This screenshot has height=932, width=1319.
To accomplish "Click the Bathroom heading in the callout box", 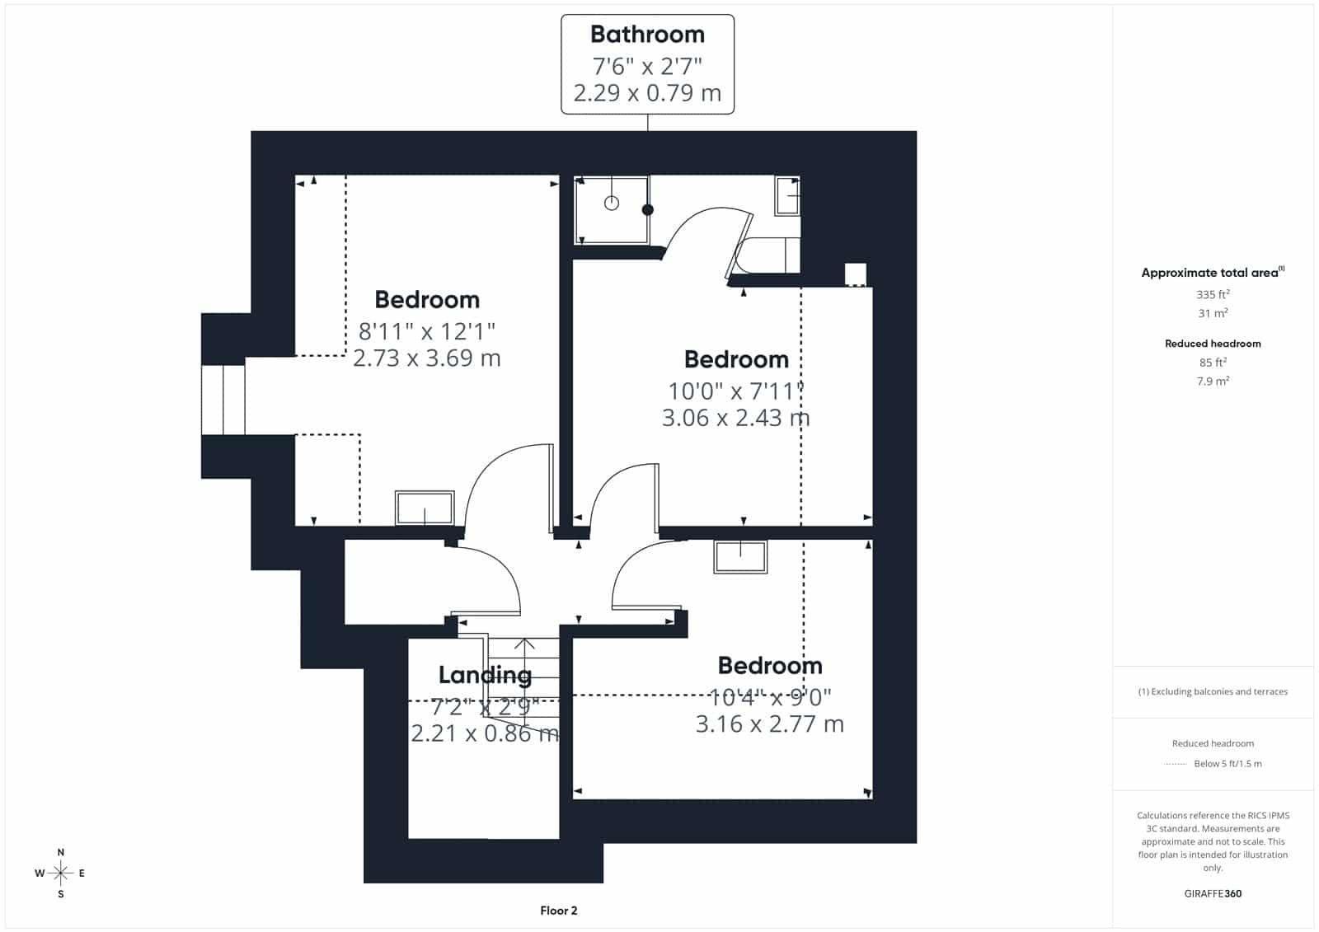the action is click(x=647, y=34).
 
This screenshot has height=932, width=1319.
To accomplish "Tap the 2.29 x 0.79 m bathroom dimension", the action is click(x=647, y=93).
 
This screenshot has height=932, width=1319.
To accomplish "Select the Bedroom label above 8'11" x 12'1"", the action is click(x=427, y=300).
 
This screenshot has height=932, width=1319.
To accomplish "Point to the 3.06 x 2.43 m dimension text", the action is click(x=736, y=418).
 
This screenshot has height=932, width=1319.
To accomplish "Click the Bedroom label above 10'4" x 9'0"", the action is click(x=770, y=666).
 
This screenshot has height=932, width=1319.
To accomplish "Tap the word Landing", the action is click(x=485, y=675).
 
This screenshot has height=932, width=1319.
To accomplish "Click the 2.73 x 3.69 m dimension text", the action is click(x=427, y=358).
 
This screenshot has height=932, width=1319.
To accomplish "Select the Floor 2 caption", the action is click(x=559, y=911).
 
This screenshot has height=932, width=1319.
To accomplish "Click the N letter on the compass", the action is click(x=61, y=852).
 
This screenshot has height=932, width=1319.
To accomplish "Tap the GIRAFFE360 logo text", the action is click(x=1213, y=893).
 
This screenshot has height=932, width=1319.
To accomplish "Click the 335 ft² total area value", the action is click(x=1213, y=294).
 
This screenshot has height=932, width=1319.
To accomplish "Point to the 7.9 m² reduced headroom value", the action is click(x=1213, y=381).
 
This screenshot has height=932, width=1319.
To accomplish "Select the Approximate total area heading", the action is click(x=1213, y=273).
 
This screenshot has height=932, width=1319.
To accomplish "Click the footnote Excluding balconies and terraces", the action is click(x=1213, y=691).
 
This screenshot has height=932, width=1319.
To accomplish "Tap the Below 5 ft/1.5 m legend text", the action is click(x=1227, y=764).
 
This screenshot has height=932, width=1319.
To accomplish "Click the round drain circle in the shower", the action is click(x=611, y=203).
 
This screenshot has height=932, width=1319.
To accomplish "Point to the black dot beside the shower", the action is click(x=648, y=209).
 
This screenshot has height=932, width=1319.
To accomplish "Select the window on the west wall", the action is click(x=223, y=400).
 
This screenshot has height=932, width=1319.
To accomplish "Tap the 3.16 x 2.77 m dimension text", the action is click(x=770, y=724).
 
